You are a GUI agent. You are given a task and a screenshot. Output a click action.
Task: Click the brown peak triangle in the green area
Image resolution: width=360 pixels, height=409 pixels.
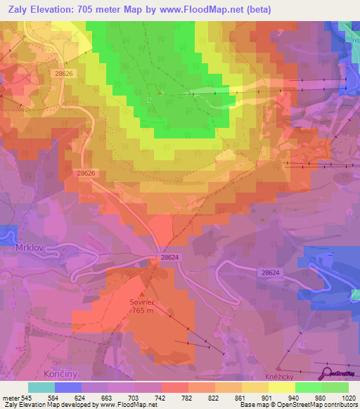[x=160, y=92]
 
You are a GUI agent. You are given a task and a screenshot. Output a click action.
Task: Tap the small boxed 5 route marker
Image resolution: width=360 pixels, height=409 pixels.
[x=149, y=100]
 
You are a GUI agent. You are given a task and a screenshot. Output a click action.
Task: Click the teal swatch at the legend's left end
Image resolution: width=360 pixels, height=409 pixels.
[x=41, y=387]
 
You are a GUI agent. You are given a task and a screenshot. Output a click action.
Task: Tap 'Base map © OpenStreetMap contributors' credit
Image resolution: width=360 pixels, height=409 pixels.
[x=297, y=405]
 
